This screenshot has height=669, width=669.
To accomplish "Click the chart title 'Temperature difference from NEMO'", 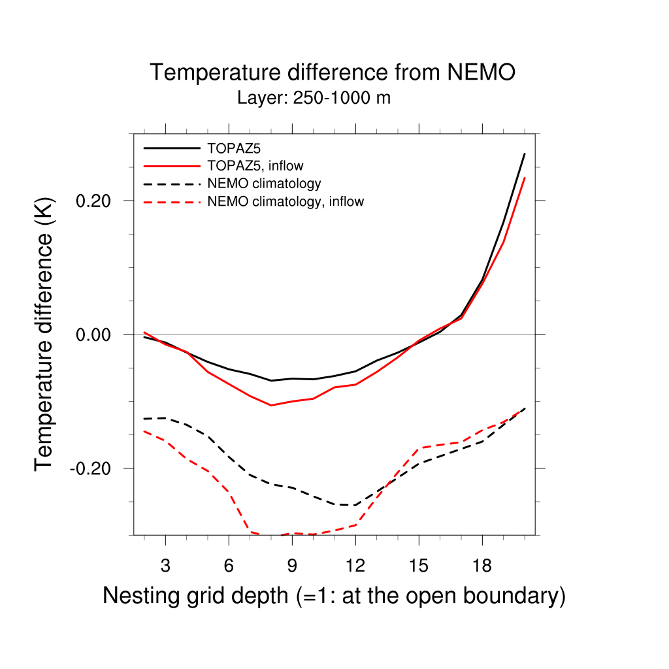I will pos(333,73).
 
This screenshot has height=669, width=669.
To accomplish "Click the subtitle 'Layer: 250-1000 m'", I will pos(314,99).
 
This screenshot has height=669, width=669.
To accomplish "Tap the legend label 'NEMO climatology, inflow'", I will pos(285,201).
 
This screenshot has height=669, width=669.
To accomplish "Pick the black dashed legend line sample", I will pos(171,184).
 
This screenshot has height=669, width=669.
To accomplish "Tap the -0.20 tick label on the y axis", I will pos(95,468).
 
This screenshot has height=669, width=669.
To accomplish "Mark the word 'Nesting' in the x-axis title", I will pos(140,596).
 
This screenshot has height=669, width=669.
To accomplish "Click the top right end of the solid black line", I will pos(525,154).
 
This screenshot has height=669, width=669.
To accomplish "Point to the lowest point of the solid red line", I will pos(271,405).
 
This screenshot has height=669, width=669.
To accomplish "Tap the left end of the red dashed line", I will pos(144,431).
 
